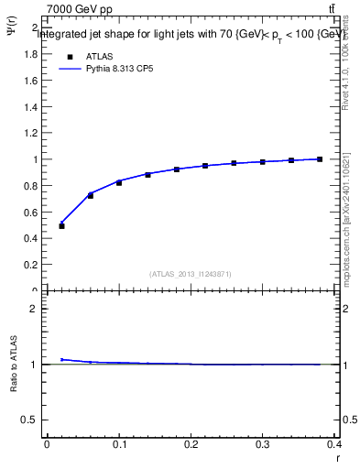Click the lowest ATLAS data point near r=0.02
[61, 225]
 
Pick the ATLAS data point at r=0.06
[90, 196]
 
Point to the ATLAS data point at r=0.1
[119, 182]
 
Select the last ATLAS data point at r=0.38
[320, 159]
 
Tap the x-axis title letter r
[337, 458]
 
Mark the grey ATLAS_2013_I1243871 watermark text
[191, 274]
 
